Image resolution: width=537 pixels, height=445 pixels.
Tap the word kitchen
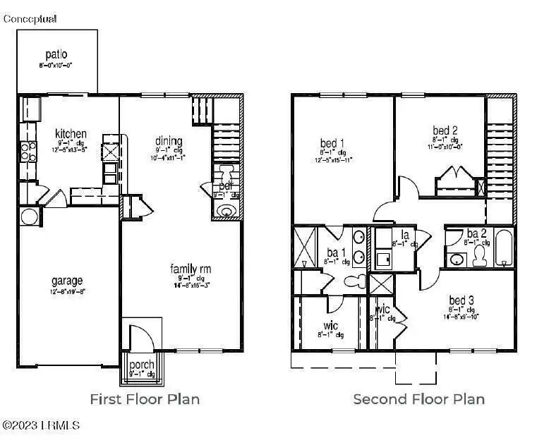point(71,133)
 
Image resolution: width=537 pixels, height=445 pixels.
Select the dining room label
point(169,141)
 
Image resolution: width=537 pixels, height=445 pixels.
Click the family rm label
point(191,269)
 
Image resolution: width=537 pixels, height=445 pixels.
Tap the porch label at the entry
point(141,365)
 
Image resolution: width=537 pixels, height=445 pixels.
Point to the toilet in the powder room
point(227,173)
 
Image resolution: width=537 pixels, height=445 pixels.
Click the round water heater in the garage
point(30,217)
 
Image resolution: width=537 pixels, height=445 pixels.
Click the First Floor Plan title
point(145,399)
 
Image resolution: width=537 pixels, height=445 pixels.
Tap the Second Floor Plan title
point(418,399)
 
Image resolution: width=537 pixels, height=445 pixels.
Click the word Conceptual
point(30,19)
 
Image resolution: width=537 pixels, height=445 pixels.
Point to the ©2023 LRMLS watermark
point(41,425)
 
